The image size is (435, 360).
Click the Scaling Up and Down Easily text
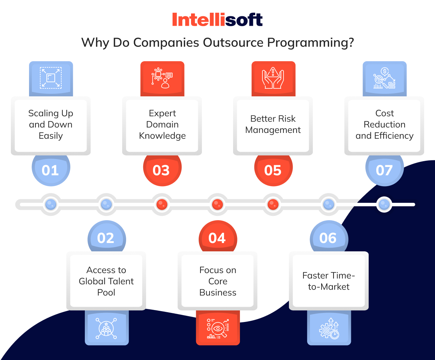[x=51, y=125]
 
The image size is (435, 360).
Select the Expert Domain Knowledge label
[x=162, y=125]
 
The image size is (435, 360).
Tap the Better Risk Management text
[x=273, y=124]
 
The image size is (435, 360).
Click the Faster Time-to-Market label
[x=329, y=281]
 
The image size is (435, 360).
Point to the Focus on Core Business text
[x=218, y=281]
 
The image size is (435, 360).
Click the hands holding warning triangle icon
[x=273, y=78]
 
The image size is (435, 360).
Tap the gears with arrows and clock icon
[x=329, y=328]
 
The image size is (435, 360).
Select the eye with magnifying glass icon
[x=218, y=328]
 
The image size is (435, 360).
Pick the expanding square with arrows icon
[x=51, y=78]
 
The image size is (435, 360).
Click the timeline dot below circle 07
[x=384, y=204]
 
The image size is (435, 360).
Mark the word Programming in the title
[x=310, y=43]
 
